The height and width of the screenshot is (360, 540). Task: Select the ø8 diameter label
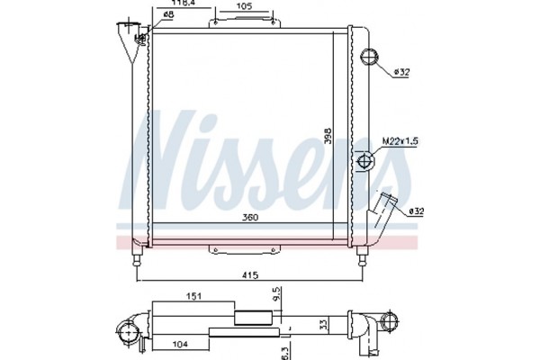(x=167, y=15)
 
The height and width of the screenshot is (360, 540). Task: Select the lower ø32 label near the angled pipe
(x=415, y=211)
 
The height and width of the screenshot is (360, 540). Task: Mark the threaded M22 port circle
(x=365, y=162)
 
